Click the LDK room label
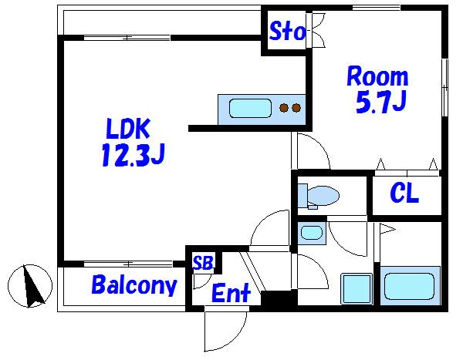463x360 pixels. [x=128, y=129]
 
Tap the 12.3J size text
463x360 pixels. [x=133, y=155]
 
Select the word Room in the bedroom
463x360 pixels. [x=377, y=76]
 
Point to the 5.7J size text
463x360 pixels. [x=381, y=102]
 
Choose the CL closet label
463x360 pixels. [x=404, y=193]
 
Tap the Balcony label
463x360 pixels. [x=134, y=284]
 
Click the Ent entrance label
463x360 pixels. [x=231, y=293]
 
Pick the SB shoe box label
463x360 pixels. [x=203, y=262]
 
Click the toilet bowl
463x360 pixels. [x=323, y=195]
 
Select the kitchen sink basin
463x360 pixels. [x=250, y=109]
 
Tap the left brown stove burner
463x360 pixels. [x=284, y=108]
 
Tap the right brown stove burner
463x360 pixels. [x=296, y=108]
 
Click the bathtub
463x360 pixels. [x=410, y=286]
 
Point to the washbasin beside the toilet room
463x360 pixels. [x=312, y=233]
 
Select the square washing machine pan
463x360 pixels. [x=357, y=289]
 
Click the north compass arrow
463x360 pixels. [x=33, y=286]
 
